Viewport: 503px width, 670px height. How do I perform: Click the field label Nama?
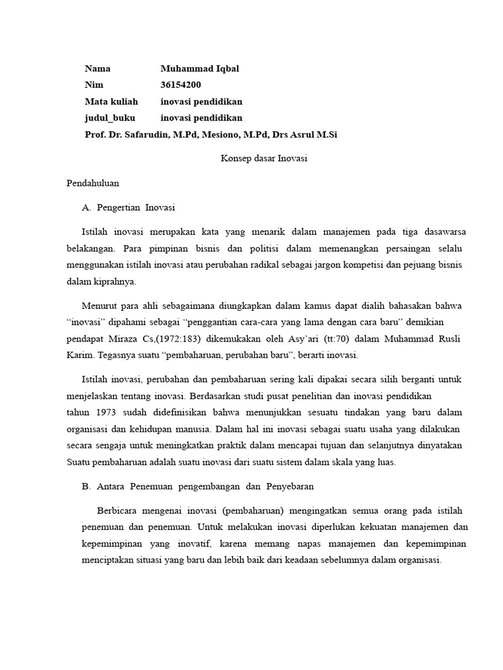point(98,69)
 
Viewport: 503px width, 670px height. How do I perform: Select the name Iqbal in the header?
point(225,69)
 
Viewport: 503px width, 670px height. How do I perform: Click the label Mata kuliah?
point(111,101)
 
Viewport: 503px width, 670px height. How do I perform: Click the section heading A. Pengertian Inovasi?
point(128,207)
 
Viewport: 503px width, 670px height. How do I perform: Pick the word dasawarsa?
point(442,232)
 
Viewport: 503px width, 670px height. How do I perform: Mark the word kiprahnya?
point(115,281)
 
